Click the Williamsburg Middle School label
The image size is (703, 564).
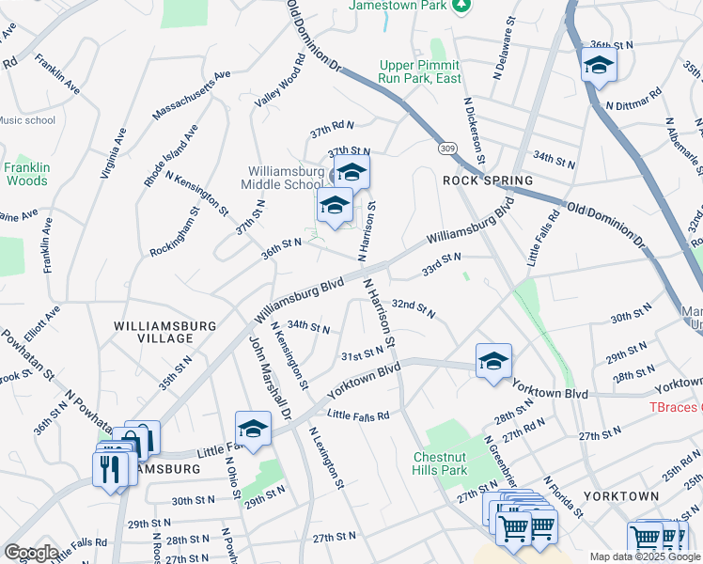(x=286, y=179)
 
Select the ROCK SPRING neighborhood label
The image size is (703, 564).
(x=488, y=180)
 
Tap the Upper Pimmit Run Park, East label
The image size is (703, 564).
(x=420, y=71)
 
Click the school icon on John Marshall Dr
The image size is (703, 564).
(x=253, y=430)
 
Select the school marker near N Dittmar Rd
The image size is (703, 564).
(x=598, y=65)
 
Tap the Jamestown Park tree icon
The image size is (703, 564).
(x=461, y=6)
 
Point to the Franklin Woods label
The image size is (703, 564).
(x=25, y=173)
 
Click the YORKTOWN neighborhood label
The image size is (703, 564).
(x=620, y=495)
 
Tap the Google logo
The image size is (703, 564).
(x=30, y=552)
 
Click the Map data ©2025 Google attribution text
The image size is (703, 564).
(x=645, y=556)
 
